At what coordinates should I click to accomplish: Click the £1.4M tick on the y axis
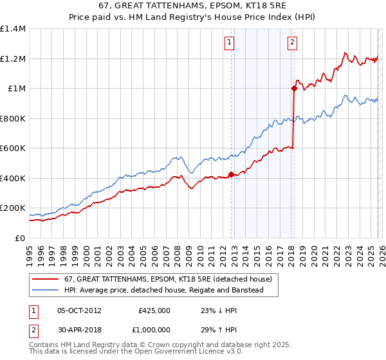13,29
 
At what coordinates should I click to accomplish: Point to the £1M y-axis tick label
16,89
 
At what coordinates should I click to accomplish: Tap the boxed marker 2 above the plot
293,43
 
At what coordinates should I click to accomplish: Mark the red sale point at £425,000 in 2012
231,174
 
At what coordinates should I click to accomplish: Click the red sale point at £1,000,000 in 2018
294,89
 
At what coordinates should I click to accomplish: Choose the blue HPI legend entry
170,291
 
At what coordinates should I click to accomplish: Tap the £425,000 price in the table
154,310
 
